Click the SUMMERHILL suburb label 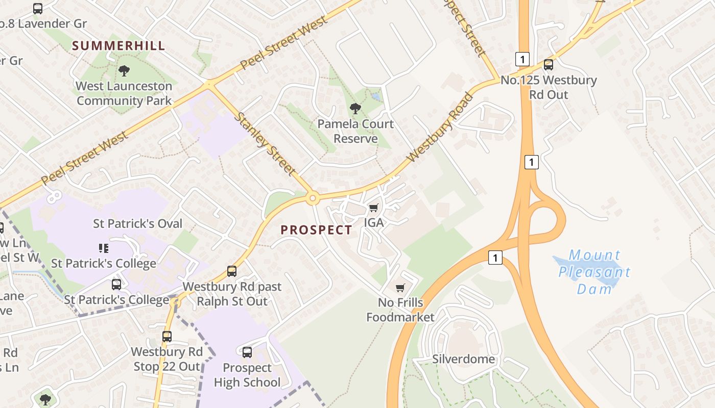click(x=118, y=45)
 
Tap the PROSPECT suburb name click(x=316, y=230)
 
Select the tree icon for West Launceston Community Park click(x=124, y=71)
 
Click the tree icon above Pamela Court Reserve click(x=355, y=109)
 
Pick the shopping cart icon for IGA click(x=373, y=208)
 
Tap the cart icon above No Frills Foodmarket click(x=400, y=288)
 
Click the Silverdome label click(x=463, y=359)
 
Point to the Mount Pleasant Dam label click(x=594, y=272)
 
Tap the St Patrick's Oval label click(x=137, y=223)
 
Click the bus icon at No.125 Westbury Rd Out click(x=548, y=65)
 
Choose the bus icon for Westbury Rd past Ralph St click(x=232, y=271)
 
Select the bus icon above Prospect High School click(x=247, y=352)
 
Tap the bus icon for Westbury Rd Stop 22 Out click(x=167, y=337)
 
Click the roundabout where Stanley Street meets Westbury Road click(x=312, y=198)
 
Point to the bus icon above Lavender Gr click(x=38, y=9)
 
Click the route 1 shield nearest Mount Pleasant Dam click(x=494, y=258)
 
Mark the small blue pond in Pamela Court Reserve click(x=376, y=96)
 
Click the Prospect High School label click(x=247, y=375)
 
